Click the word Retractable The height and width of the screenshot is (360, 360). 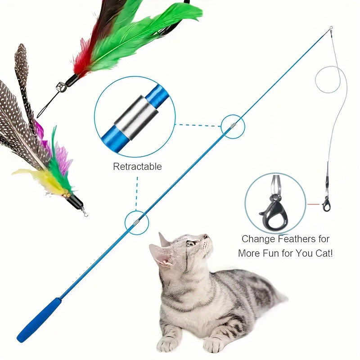pos(137,166)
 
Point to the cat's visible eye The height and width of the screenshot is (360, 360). pos(190,243)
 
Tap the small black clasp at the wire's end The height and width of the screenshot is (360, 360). pos(326,204)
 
